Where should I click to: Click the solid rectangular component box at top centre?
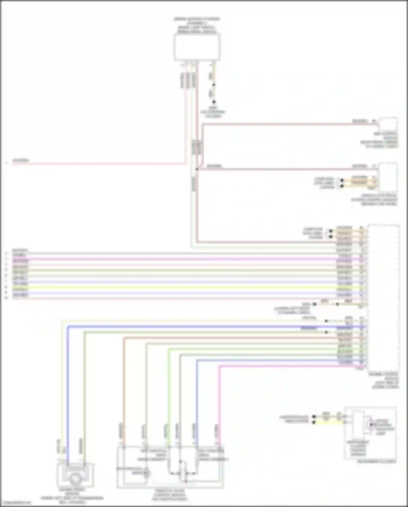(197, 47)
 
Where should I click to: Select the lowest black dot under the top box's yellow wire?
(214, 102)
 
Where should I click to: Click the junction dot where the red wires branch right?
(197, 169)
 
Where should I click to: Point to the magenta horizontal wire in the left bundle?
(163, 259)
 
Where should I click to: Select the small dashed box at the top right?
(388, 124)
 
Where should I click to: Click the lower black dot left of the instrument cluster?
(314, 422)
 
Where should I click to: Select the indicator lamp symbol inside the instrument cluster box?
(372, 425)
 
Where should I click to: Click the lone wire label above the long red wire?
(21, 160)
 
